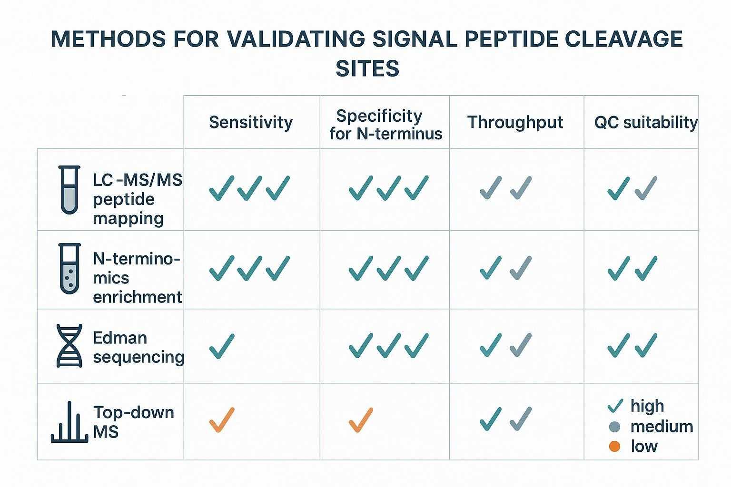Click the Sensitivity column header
(251, 122)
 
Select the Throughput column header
(515, 122)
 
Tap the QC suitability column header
(646, 122)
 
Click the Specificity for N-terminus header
(385, 125)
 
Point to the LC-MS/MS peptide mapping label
(137, 199)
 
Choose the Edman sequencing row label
(138, 347)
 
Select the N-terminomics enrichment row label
(137, 278)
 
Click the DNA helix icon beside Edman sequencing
(69, 346)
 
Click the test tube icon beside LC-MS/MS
(69, 190)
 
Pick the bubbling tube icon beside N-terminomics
(69, 269)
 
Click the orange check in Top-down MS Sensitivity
(222, 420)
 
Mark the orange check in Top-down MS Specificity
(361, 420)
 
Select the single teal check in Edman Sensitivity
(222, 346)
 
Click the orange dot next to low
(614, 446)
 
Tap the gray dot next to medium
(614, 427)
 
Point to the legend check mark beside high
(615, 406)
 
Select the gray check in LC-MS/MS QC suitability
(646, 188)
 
